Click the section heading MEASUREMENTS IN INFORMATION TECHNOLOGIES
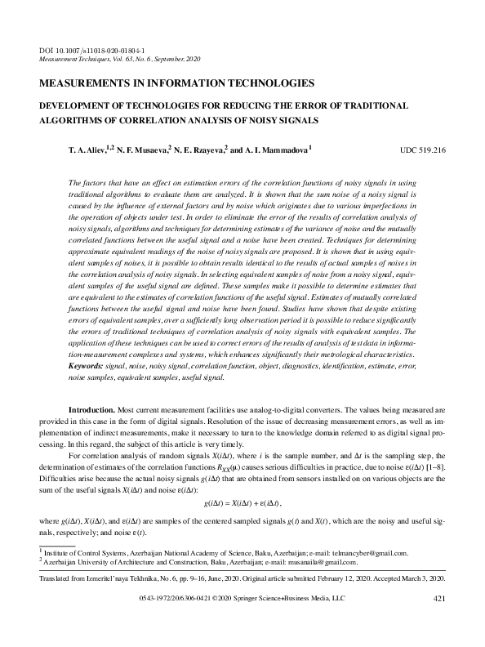[176, 83]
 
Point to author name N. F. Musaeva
[140, 151]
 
